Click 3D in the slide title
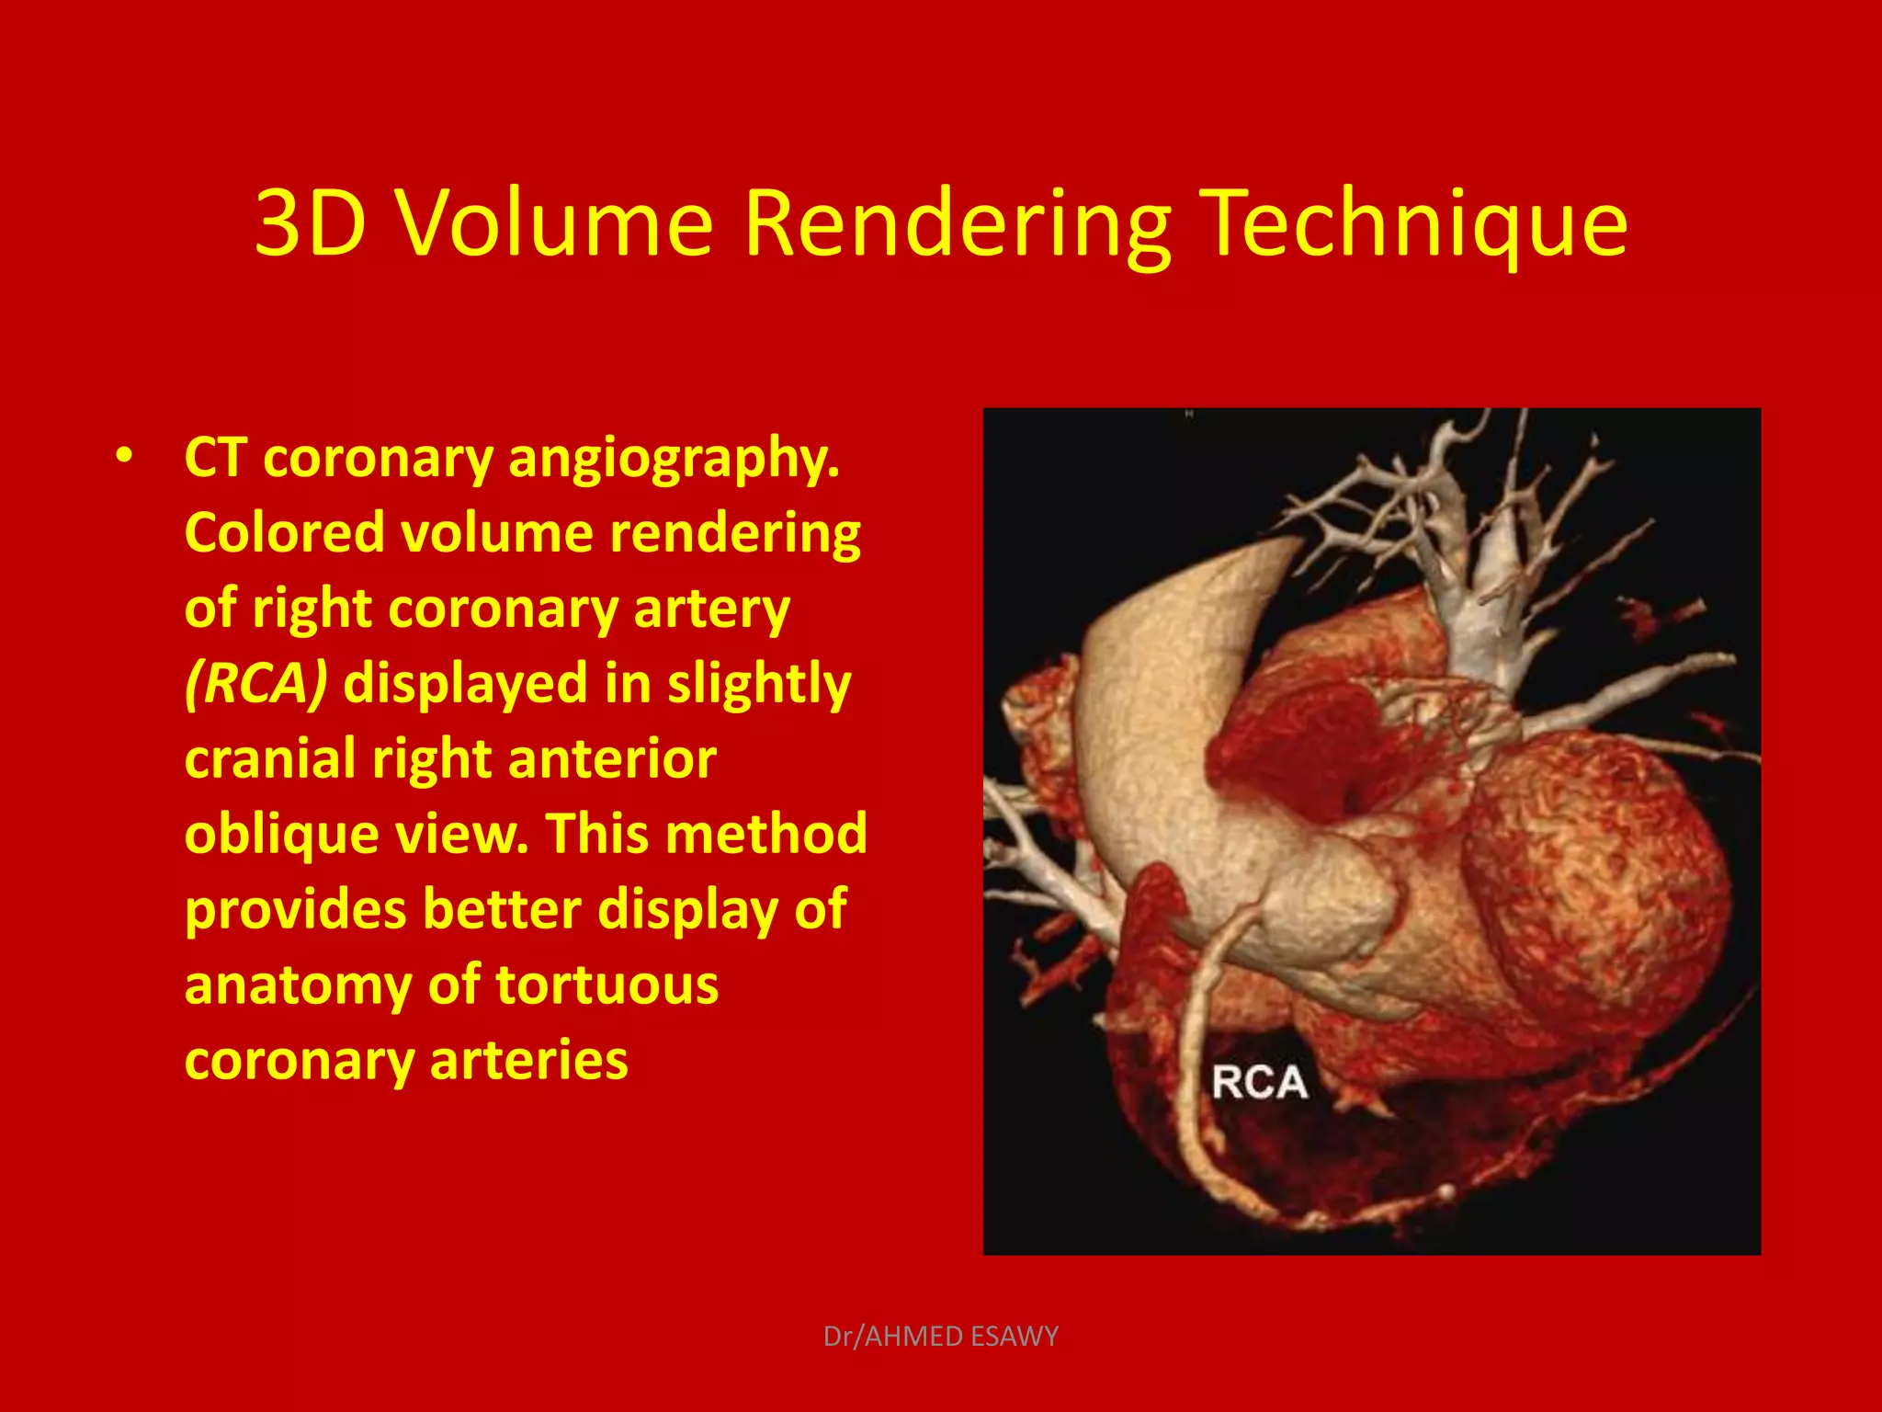coord(311,223)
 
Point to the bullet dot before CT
coord(124,456)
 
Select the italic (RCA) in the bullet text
coord(255,684)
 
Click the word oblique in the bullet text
coord(281,835)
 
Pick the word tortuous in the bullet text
coord(607,985)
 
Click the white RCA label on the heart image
coord(1259,1082)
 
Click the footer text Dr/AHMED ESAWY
coord(940,1336)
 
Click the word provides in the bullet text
coord(295,910)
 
